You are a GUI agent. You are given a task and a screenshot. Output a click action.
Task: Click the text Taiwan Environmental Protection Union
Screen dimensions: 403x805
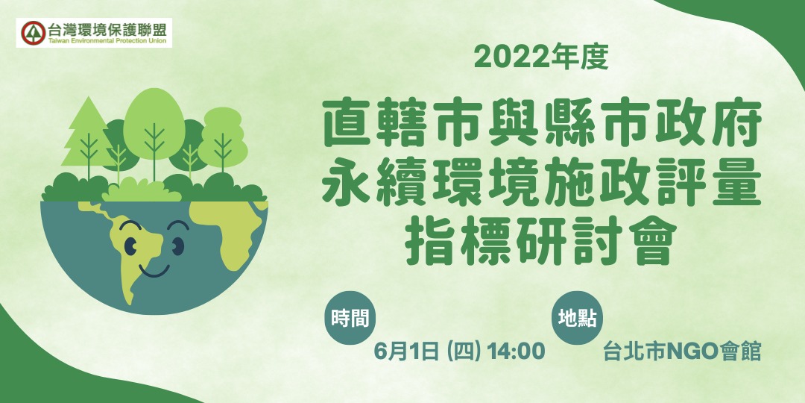[x=108, y=42]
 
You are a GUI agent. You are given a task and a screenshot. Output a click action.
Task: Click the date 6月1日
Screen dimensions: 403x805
[x=407, y=352]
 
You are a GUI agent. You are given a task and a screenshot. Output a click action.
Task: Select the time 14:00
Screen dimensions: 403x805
[x=516, y=352]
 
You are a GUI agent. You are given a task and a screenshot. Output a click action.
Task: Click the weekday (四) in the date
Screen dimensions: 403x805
[x=460, y=352]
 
